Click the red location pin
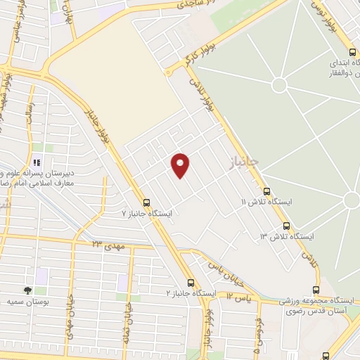tap(181, 165)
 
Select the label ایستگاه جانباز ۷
tap(147, 212)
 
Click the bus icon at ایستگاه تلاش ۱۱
tap(266, 191)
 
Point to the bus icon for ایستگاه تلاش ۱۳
tap(286, 226)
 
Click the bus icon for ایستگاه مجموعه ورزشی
tap(316, 290)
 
